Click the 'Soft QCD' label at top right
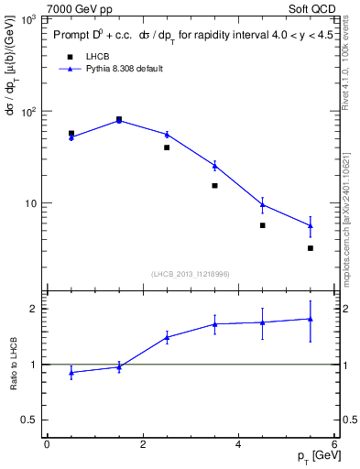coord(313,7)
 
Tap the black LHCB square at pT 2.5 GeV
coord(167,147)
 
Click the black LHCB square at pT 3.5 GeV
coord(214,185)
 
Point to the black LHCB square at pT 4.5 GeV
coord(262,225)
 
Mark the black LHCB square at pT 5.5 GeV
coord(311,248)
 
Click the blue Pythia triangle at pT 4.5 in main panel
coord(262,205)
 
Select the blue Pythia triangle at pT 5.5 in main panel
coord(311,225)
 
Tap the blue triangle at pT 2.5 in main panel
coord(167,135)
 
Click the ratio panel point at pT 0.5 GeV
coord(71,372)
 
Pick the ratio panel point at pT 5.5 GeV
coord(311,319)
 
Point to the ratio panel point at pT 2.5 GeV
coord(167,337)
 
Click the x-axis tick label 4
coord(238,444)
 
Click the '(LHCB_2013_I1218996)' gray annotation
coord(191,273)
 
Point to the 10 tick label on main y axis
coord(31,202)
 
